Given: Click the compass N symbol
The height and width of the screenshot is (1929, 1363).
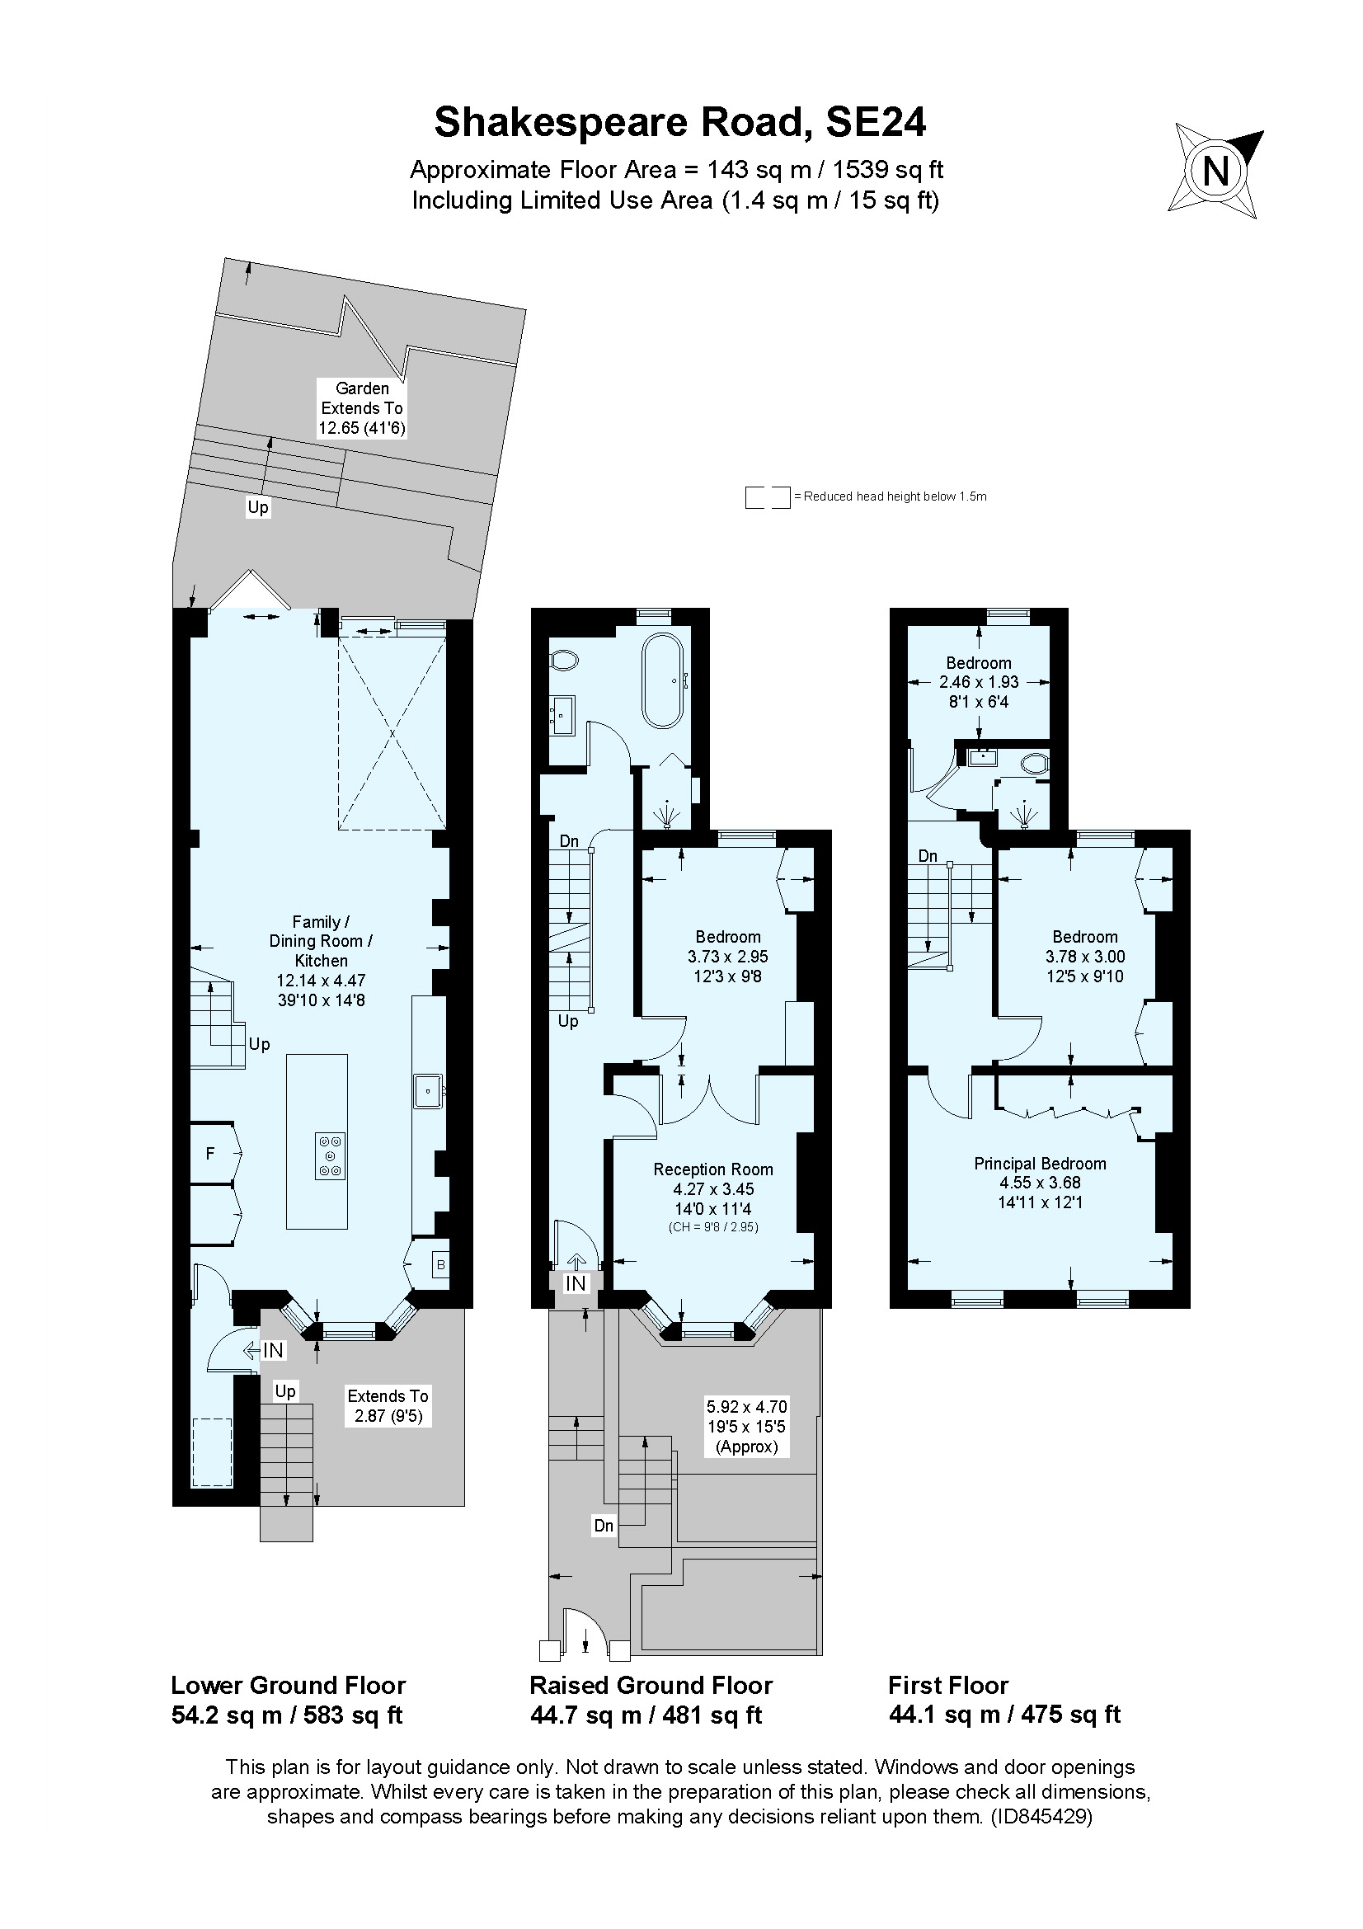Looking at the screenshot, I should click(1215, 172).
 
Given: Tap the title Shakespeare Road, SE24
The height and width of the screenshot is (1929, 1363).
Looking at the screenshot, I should click(679, 123).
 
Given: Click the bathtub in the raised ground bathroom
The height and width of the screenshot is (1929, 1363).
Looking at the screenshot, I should click(664, 680).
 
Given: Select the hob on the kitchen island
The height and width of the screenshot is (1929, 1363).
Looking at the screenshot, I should click(329, 1156).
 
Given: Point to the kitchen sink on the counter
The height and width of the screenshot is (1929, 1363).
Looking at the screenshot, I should click(428, 1091).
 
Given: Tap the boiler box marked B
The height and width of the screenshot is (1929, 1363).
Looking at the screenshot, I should click(440, 1264).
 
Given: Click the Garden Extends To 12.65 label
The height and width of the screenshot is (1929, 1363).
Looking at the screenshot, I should click(362, 408).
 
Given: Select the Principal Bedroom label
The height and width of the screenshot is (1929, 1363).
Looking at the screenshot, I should click(1040, 1164).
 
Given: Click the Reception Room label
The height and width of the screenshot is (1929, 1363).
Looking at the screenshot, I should click(713, 1169).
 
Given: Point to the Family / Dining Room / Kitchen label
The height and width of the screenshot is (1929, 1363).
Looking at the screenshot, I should click(321, 941).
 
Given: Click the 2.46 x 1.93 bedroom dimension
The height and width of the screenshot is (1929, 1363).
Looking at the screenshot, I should click(979, 682).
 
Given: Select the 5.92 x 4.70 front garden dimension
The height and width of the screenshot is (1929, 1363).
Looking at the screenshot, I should click(746, 1407).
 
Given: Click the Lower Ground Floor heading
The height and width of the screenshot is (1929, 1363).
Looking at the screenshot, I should click(288, 1686).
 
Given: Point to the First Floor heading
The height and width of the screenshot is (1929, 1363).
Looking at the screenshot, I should click(948, 1686).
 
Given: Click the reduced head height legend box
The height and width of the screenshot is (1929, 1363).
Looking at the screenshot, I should click(767, 497).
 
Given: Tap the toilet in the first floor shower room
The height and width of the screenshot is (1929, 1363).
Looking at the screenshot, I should click(1036, 764).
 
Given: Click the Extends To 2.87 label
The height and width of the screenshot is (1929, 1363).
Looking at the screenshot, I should click(388, 1405).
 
